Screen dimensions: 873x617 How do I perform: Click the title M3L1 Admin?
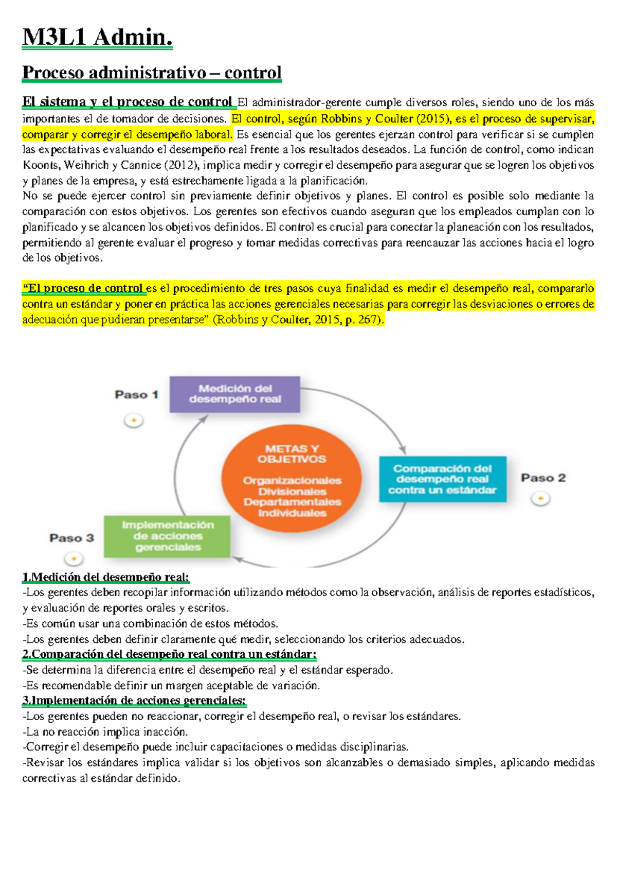[x=97, y=37]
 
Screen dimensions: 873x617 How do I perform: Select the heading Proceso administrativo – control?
[x=152, y=72]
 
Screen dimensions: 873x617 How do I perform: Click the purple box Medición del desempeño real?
[x=234, y=394]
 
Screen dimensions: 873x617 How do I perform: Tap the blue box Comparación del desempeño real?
[x=442, y=479]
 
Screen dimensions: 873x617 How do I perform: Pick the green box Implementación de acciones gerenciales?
[x=167, y=536]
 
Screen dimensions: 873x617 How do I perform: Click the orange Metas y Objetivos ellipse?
[x=292, y=479]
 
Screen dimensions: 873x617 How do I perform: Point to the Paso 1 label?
[x=136, y=395]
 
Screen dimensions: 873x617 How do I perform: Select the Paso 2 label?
[x=543, y=478]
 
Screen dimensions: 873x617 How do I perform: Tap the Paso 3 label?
[x=71, y=538]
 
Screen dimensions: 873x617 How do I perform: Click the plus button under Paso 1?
[x=134, y=421]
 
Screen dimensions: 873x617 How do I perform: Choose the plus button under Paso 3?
[x=74, y=558]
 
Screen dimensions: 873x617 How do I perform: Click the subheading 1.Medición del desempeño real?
[x=105, y=577]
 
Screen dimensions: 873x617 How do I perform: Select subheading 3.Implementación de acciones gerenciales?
[x=134, y=701]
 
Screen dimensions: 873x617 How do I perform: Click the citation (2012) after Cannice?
[x=183, y=165]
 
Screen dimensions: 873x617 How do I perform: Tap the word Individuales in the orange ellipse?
[x=292, y=513]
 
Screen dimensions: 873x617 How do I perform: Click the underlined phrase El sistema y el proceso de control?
[x=127, y=102]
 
